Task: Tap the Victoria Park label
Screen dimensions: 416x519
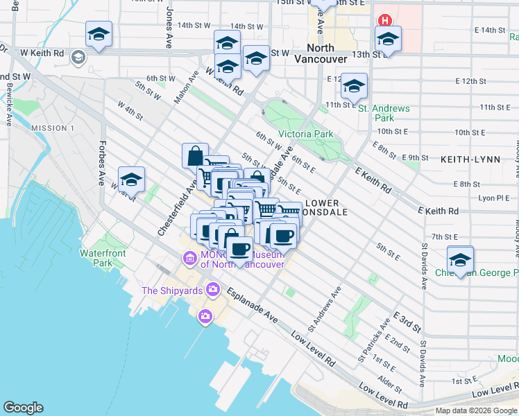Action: [x=305, y=134]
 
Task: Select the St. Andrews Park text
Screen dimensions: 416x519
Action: [x=383, y=113]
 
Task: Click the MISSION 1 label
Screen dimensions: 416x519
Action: [x=53, y=128]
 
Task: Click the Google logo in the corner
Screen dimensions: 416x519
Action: [x=23, y=408]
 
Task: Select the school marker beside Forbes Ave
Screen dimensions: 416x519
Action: [x=131, y=180]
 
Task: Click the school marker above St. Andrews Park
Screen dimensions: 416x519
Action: [x=354, y=87]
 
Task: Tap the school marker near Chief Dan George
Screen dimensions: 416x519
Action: [x=459, y=259]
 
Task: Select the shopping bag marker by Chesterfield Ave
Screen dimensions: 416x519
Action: [x=195, y=155]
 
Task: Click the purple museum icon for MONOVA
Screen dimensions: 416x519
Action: [x=189, y=259]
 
